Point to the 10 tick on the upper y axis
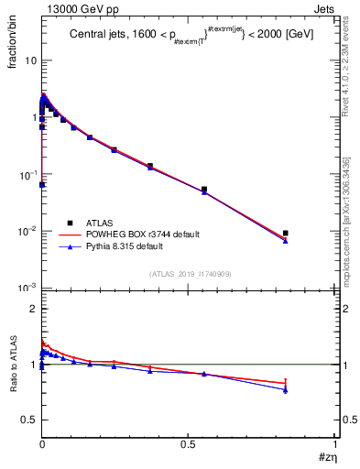point(29,60)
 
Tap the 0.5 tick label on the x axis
point(189,443)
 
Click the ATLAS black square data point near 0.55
point(204,190)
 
